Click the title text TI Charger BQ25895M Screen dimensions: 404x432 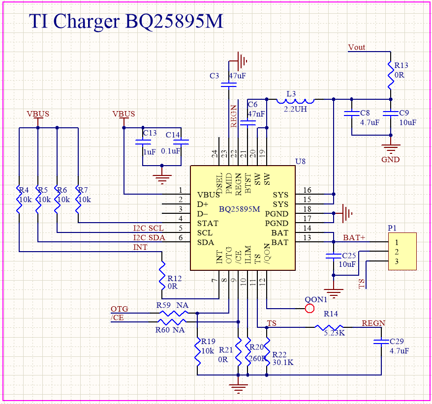click(x=126, y=21)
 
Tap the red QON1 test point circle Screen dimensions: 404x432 click(x=309, y=309)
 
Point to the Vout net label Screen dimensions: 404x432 click(x=357, y=47)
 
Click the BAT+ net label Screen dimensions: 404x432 click(x=354, y=238)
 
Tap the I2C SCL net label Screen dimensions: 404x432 click(x=149, y=229)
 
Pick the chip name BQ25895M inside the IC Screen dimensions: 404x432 click(x=240, y=209)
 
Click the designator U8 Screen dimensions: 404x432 click(x=300, y=161)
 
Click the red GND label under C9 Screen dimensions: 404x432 click(x=390, y=160)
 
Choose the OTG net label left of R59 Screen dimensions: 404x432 click(x=119, y=309)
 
